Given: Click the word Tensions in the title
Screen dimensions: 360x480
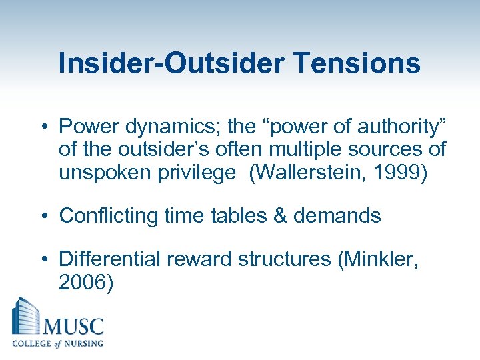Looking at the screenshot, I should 355,63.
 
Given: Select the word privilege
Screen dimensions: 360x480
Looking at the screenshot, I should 199,173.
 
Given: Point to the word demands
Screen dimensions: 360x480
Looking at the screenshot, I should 341,216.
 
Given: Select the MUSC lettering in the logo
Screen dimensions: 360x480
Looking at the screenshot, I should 73,327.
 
